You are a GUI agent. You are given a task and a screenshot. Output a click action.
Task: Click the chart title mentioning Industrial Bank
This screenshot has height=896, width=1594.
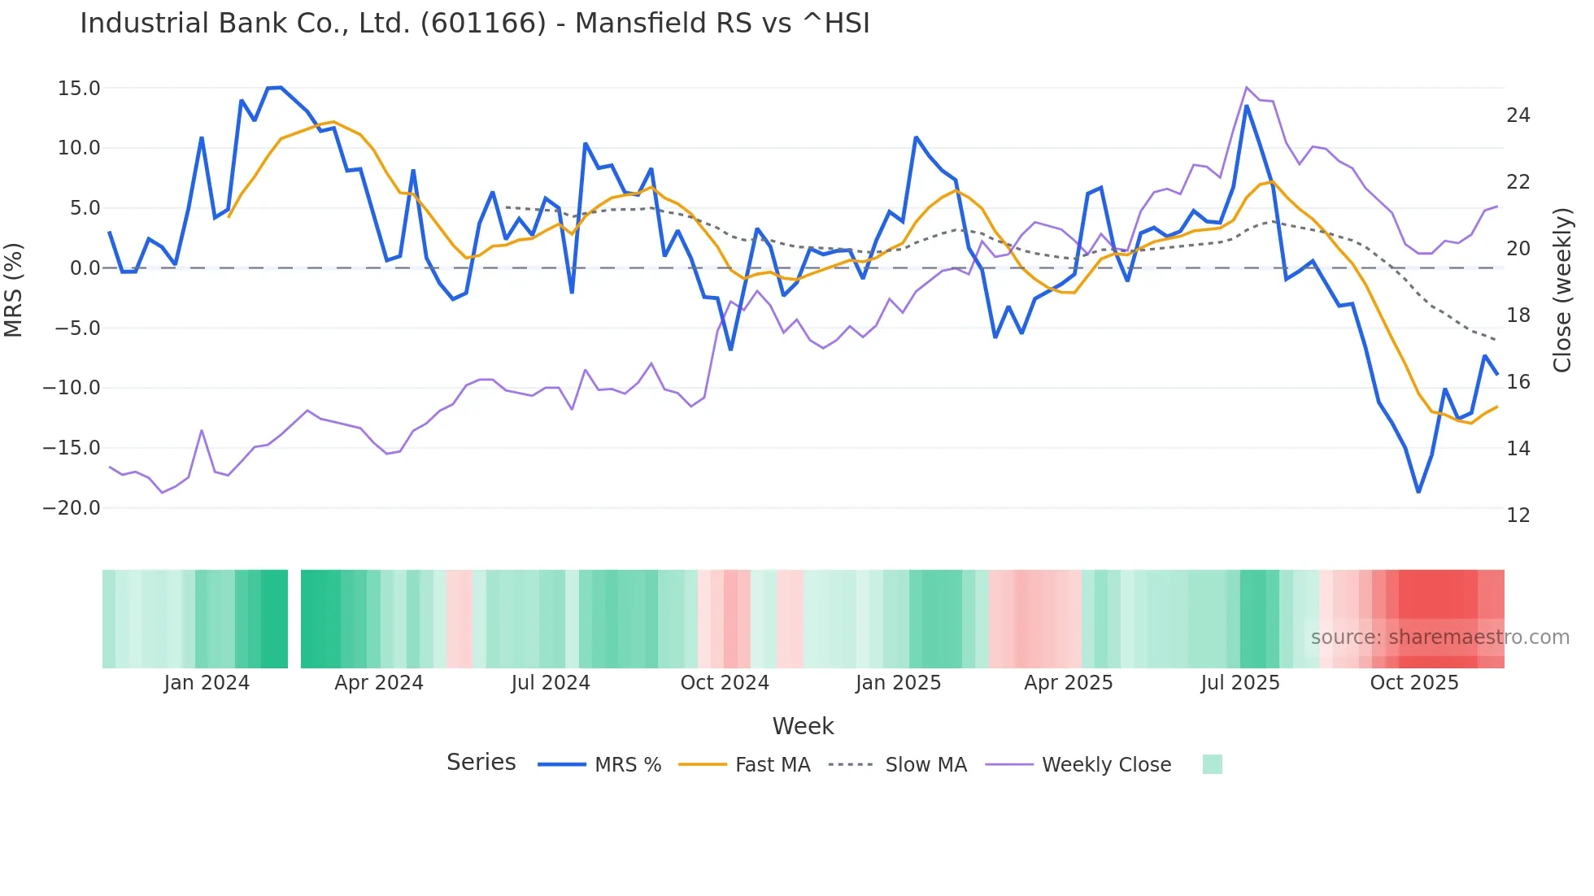tap(474, 24)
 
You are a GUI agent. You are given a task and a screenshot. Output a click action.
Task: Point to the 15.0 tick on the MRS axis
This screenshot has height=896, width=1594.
tap(78, 88)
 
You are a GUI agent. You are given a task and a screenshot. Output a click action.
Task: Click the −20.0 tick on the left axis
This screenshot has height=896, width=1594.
tap(72, 508)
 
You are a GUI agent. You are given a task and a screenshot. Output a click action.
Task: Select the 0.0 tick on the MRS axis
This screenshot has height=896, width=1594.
tap(85, 268)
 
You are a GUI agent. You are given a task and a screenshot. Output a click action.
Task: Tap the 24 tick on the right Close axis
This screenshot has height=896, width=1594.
tap(1518, 115)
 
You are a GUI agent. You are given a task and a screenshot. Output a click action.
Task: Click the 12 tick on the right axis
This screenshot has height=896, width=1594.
tap(1518, 515)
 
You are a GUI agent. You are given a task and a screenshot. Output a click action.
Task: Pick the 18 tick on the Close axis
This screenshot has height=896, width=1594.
tap(1518, 315)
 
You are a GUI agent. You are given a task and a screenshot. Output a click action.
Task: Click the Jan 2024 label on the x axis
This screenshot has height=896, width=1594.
tap(207, 683)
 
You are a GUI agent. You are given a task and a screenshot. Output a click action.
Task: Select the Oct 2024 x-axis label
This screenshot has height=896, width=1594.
tap(725, 683)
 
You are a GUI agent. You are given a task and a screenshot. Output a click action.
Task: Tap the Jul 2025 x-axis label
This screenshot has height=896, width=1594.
tap(1240, 683)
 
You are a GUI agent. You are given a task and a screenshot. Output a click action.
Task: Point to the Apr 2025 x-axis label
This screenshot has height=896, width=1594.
tap(1068, 683)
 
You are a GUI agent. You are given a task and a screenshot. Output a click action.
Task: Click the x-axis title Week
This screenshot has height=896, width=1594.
tap(803, 726)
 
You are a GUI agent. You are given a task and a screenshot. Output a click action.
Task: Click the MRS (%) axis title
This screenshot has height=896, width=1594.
tap(14, 290)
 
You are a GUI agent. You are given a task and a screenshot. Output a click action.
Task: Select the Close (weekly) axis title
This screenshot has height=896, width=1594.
tap(1562, 290)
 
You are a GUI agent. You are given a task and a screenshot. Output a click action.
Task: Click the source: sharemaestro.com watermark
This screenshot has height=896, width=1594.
tap(1439, 637)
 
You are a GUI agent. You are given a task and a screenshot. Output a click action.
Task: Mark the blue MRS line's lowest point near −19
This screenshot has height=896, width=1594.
tap(1418, 492)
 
